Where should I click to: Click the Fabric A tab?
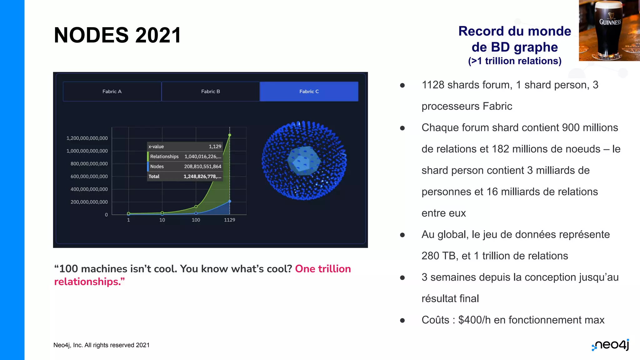pos(112,92)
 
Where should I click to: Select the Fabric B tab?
pos(210,92)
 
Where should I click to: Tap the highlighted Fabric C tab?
pos(309,92)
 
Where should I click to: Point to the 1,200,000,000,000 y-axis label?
pos(87,138)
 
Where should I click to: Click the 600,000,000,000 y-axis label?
pos(89,177)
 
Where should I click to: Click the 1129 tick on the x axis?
pos(229,220)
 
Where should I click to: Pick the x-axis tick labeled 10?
pos(162,220)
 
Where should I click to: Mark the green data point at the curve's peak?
pos(230,135)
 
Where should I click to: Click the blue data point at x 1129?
pos(230,202)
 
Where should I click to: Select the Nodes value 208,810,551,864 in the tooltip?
pos(202,167)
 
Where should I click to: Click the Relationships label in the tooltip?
pos(164,157)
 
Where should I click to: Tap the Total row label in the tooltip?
pos(154,177)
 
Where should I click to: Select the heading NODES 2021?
pos(117,35)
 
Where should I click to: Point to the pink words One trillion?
pos(323,269)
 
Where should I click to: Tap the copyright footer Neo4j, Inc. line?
pos(101,345)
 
